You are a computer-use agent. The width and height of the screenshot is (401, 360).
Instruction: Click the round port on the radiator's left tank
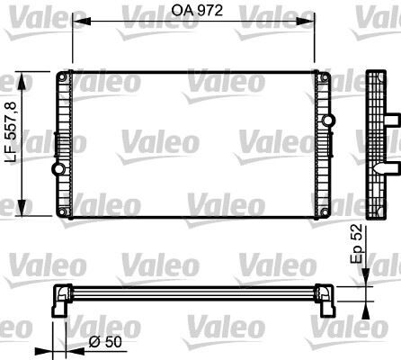pos(59,169)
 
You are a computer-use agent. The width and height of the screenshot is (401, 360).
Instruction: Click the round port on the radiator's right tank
pos(325,121)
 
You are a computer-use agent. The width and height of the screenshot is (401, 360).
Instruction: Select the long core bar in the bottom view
pos(192,290)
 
